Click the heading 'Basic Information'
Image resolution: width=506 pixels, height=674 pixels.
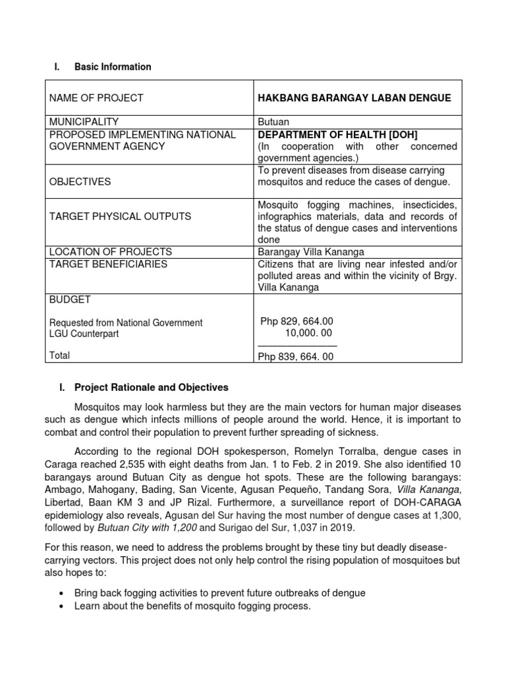click(113, 66)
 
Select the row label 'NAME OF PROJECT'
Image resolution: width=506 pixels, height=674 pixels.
click(96, 98)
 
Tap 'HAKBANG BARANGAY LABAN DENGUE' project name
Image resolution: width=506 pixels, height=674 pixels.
click(354, 98)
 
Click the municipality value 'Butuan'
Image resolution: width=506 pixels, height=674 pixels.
click(273, 122)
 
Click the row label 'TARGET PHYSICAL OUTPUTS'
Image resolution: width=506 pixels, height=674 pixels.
click(121, 216)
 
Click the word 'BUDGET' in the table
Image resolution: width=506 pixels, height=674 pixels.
click(70, 299)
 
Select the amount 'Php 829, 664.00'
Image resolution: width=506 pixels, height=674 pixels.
click(296, 321)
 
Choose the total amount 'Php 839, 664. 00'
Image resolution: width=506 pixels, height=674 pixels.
click(296, 357)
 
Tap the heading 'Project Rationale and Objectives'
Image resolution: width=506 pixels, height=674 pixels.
click(152, 387)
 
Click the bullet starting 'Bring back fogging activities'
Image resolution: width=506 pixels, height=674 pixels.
click(221, 593)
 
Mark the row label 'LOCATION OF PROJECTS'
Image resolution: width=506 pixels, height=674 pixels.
click(111, 252)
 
